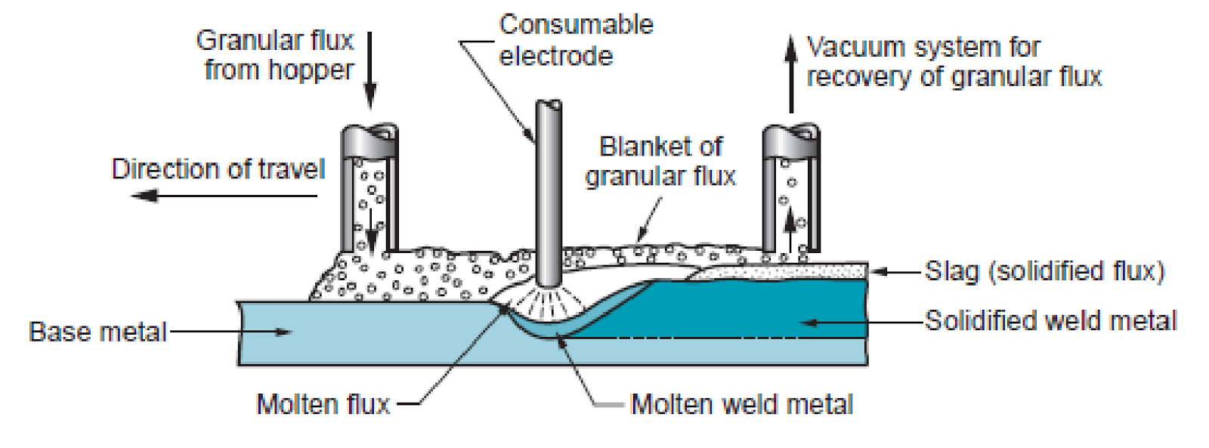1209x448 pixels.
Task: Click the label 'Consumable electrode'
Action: click(x=575, y=40)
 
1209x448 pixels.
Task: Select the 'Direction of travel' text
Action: click(x=218, y=169)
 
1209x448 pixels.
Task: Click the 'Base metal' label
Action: click(x=97, y=332)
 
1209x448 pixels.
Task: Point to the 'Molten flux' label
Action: click(x=323, y=404)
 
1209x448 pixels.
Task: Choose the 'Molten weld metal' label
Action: click(x=741, y=404)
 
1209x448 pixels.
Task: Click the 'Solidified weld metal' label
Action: click(x=1050, y=321)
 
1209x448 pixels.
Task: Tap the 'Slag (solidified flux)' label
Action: click(x=1044, y=270)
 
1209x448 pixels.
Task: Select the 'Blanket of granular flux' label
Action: click(x=660, y=161)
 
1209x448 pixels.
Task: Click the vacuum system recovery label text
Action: click(x=954, y=62)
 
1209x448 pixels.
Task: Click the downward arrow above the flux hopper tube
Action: click(x=370, y=72)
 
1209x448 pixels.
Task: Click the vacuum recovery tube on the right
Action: click(x=790, y=189)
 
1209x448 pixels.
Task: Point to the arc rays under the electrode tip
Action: click(x=549, y=303)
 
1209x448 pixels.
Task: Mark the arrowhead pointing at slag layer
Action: click(x=879, y=270)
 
